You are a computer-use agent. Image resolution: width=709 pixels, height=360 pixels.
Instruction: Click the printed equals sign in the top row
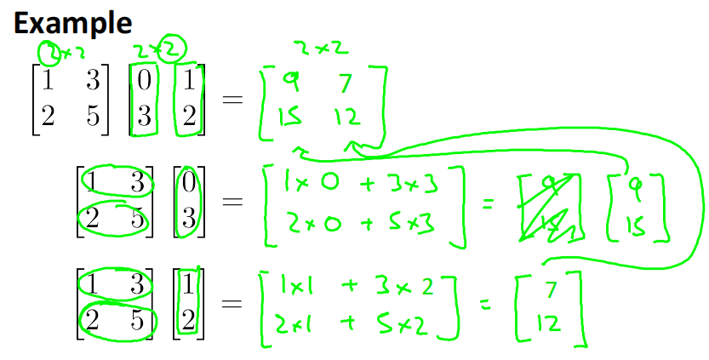pos(232,100)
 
